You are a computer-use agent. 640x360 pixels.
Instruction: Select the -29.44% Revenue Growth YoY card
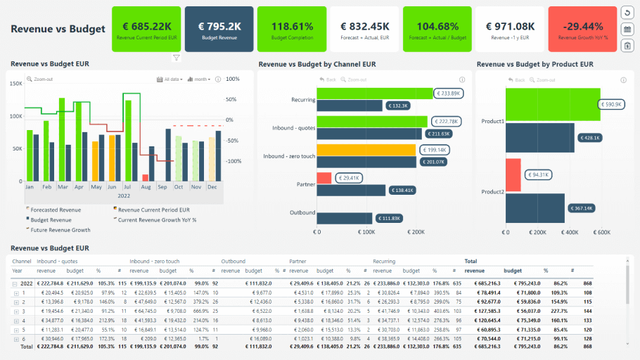click(x=582, y=29)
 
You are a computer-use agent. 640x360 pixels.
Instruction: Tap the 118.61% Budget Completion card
click(x=291, y=29)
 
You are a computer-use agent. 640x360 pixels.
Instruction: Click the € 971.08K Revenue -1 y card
click(x=509, y=29)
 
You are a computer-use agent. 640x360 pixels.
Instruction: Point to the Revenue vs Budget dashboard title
click(x=58, y=29)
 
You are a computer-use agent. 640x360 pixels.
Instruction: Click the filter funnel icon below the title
click(x=177, y=58)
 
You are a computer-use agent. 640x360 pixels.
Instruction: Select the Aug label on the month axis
click(x=146, y=188)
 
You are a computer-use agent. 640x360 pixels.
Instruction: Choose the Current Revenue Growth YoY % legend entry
click(x=155, y=219)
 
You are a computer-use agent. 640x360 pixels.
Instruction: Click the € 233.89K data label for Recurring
click(x=447, y=93)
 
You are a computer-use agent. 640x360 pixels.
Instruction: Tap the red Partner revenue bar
click(x=324, y=178)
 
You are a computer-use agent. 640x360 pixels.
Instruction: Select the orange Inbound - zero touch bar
click(x=366, y=150)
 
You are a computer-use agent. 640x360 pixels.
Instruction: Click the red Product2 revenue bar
click(x=513, y=174)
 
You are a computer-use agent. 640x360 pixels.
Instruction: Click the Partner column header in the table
click(x=297, y=261)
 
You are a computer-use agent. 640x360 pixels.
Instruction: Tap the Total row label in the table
click(x=27, y=347)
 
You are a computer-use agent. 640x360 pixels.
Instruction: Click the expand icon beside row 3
click(x=16, y=310)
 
